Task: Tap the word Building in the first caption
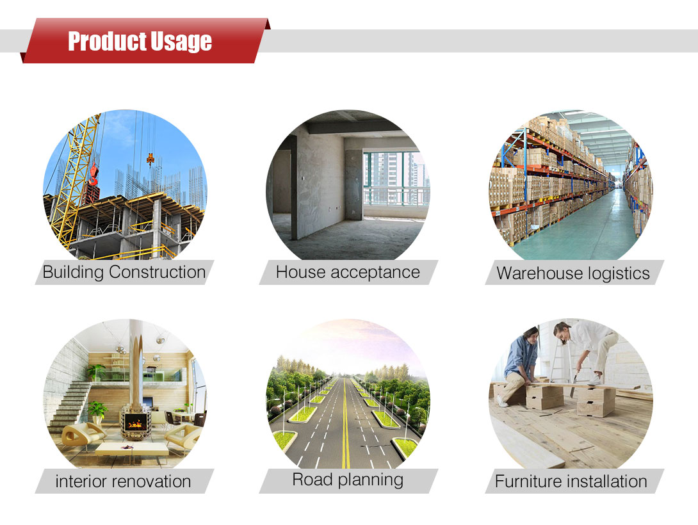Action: point(74,272)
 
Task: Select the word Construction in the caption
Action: point(157,272)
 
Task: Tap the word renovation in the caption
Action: point(147,481)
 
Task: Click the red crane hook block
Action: point(93,174)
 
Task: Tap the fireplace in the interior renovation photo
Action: point(136,422)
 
